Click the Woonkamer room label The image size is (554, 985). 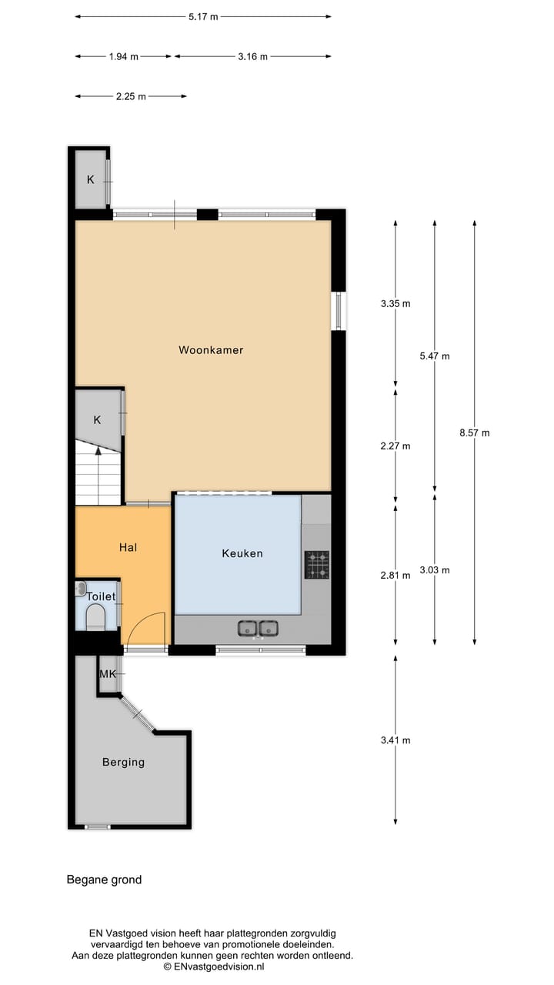[211, 350]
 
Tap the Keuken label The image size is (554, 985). [242, 553]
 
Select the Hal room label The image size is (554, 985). [128, 547]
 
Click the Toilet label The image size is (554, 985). [101, 596]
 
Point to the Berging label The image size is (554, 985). [123, 763]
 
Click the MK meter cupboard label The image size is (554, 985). [107, 675]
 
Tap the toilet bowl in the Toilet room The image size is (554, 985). [95, 616]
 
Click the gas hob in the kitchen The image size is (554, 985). [316, 564]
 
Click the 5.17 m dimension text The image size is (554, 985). [203, 16]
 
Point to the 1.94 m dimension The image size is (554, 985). [123, 56]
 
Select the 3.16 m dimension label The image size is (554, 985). [252, 56]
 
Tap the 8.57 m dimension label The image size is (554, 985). [474, 433]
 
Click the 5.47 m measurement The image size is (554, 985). [435, 356]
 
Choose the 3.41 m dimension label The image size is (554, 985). [395, 740]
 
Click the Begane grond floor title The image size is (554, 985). [105, 880]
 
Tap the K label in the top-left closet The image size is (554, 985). [90, 180]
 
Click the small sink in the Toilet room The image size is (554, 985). [82, 589]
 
